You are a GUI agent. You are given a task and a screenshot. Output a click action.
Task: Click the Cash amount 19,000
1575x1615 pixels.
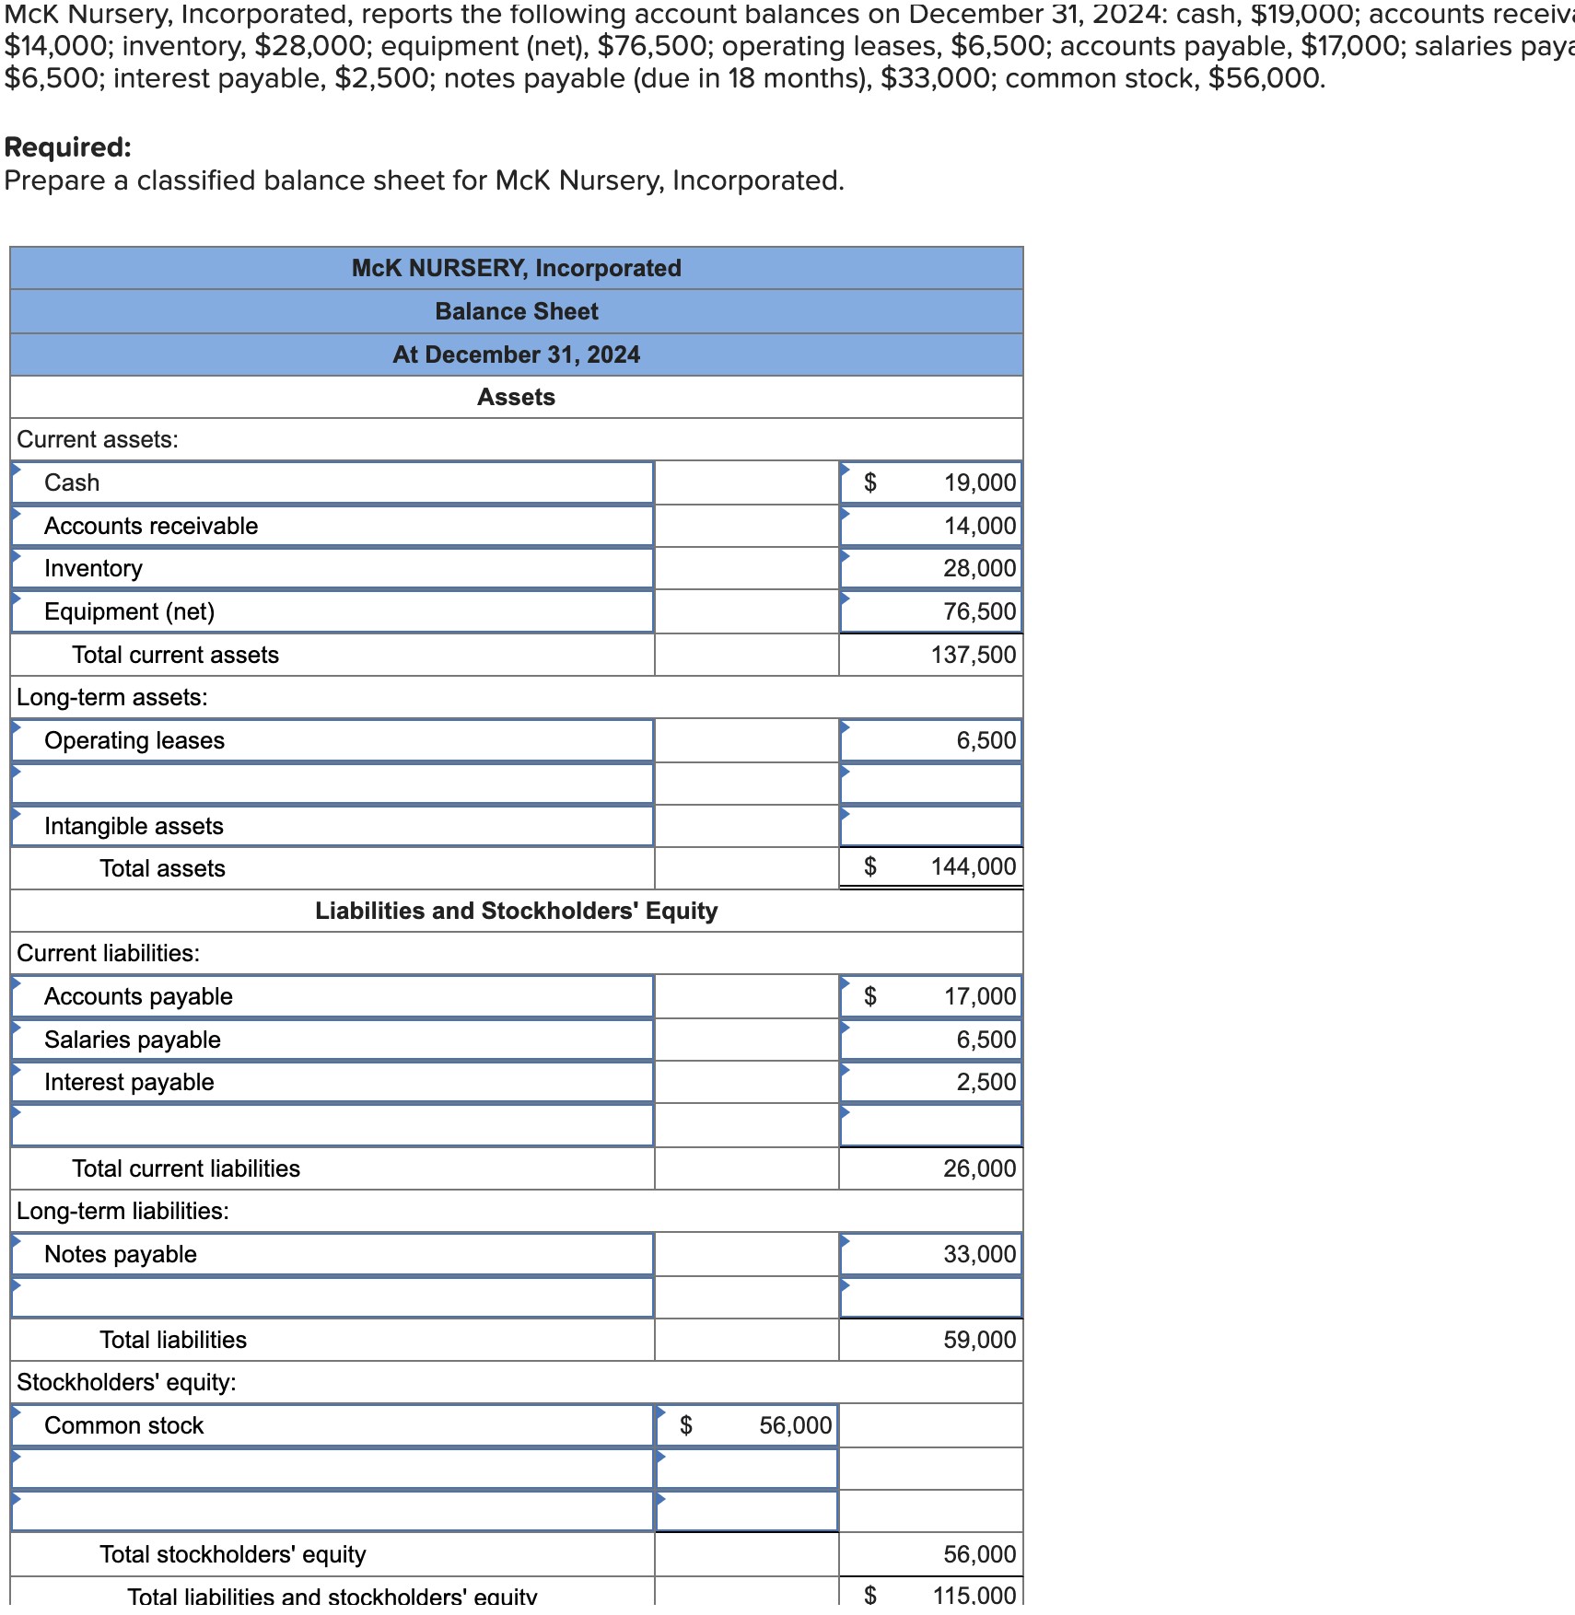pos(978,482)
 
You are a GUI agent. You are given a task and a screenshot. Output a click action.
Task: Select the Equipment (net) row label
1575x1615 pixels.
pos(129,611)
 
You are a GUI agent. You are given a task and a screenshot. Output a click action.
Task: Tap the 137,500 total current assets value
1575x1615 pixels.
pos(973,655)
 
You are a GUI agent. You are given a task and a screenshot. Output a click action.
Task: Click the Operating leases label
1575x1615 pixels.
pos(134,740)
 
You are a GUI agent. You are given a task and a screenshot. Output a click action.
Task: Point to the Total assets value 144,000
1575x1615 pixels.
pos(973,866)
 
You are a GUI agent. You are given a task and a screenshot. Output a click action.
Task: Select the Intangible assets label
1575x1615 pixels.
pos(134,826)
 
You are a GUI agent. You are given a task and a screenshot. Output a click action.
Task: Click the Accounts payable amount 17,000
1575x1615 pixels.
pos(978,996)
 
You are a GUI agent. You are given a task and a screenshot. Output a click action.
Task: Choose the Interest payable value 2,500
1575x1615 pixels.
pos(986,1082)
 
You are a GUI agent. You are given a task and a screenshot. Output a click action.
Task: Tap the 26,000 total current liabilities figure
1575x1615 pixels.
pos(978,1168)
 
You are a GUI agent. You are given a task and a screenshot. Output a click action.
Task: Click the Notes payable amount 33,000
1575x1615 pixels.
pos(978,1254)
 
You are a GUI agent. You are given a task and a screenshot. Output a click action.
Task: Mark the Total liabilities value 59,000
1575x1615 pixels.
pos(978,1340)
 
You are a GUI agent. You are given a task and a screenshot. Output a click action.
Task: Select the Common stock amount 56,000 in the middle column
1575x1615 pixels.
pos(794,1425)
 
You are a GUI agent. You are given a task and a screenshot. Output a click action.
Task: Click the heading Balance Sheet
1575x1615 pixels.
pos(516,311)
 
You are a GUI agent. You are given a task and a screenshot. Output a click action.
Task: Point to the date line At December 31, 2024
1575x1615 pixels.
pos(516,354)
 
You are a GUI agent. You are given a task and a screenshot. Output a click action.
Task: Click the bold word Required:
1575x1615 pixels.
pos(68,147)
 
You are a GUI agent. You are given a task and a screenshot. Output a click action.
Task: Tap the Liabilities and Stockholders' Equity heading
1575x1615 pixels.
pos(516,911)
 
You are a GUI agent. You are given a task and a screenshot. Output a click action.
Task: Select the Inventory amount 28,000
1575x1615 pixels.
pos(978,568)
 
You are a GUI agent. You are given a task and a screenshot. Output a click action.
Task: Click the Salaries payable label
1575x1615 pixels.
pos(133,1040)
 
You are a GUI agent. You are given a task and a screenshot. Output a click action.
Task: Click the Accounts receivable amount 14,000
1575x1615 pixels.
pos(978,526)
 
